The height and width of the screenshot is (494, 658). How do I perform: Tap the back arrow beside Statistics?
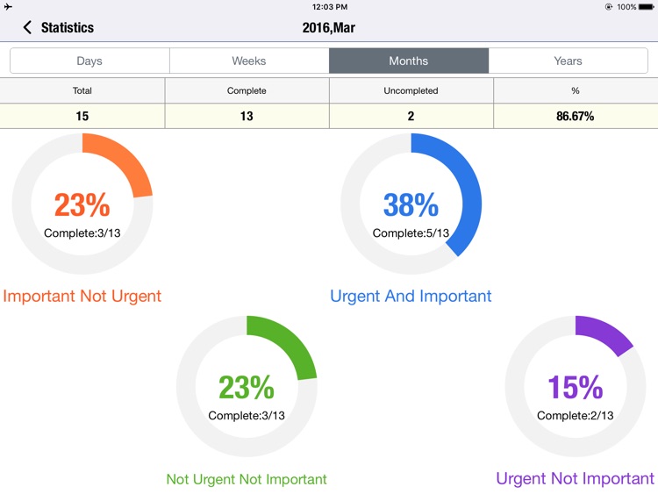click(27, 28)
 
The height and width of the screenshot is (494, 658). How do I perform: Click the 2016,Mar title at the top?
click(328, 28)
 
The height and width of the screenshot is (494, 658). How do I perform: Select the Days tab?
click(89, 61)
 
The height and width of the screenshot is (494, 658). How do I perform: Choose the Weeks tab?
click(249, 61)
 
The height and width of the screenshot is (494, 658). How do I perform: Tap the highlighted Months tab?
click(409, 61)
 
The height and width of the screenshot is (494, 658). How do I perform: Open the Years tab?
click(568, 61)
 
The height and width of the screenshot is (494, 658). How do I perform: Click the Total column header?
click(82, 90)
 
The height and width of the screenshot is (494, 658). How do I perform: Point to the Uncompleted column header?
click(411, 90)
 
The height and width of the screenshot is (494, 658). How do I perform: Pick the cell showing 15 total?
click(82, 116)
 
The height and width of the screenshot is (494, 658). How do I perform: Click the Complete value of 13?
click(247, 116)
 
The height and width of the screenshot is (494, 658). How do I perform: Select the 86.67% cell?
click(575, 116)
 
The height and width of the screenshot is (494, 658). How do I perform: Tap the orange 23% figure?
click(82, 205)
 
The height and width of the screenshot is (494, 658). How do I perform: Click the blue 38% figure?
click(411, 205)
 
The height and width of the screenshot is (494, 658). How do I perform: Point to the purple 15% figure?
click(575, 387)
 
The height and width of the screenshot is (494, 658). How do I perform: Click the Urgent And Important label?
click(411, 296)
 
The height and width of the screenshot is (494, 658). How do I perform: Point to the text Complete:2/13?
click(575, 415)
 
